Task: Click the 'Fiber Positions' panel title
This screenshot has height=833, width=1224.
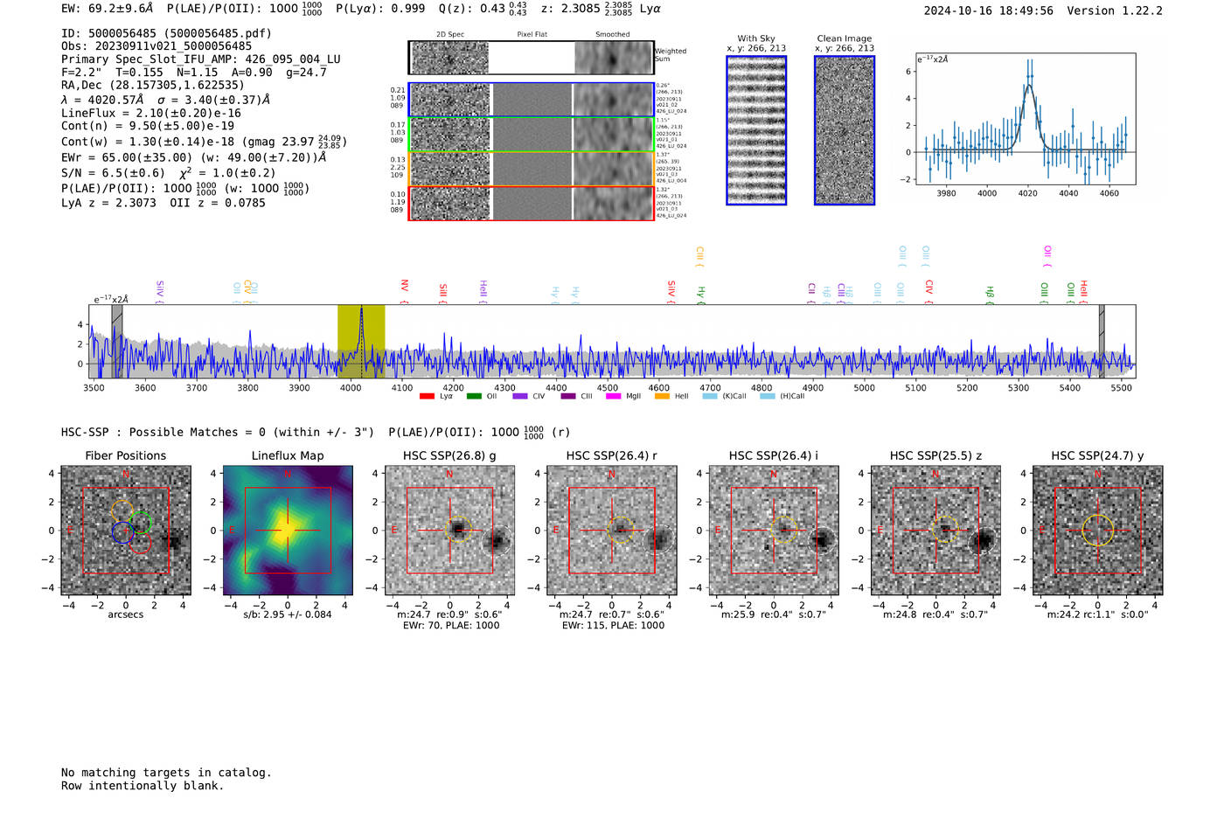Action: (125, 455)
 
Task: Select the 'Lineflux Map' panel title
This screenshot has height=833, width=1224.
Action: (288, 455)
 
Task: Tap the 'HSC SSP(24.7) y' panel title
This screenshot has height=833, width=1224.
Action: (1097, 455)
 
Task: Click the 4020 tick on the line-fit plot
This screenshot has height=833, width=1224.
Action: (1027, 192)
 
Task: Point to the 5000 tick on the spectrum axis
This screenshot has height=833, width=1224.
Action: (864, 387)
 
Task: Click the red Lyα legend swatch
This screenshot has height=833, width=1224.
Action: (427, 397)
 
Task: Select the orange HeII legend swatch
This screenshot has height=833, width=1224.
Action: (662, 397)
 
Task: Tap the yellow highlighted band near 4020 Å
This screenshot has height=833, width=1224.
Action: (361, 341)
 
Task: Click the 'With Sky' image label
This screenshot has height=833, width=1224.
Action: (756, 38)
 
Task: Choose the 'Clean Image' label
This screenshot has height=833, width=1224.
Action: (844, 38)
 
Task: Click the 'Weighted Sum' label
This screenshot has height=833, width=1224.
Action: (671, 55)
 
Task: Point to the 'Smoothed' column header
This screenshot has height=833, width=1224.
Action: (612, 35)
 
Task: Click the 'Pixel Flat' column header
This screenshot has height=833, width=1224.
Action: (532, 35)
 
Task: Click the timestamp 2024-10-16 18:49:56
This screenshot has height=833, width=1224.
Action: (988, 10)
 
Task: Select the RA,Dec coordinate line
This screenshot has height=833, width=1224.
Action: (153, 86)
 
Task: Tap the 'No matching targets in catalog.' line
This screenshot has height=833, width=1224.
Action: (166, 773)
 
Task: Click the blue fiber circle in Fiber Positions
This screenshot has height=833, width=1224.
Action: (122, 531)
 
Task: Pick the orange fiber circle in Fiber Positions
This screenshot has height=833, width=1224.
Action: (122, 511)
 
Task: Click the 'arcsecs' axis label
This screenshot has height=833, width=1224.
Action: (125, 614)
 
